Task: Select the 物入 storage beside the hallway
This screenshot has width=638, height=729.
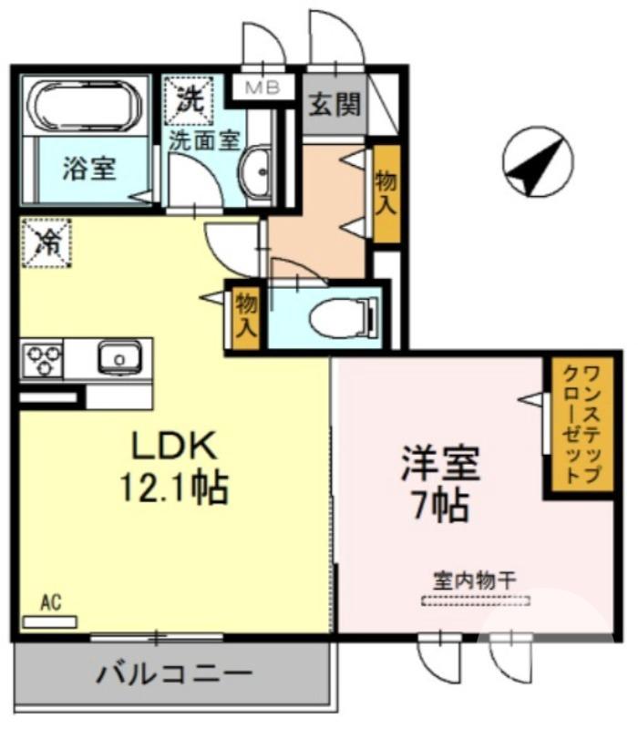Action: click(386, 192)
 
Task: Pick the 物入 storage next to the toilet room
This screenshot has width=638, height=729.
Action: click(244, 314)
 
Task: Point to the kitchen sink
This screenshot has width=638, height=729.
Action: click(119, 357)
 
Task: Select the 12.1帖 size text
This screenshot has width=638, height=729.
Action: click(174, 488)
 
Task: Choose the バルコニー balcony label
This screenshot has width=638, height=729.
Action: click(173, 674)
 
